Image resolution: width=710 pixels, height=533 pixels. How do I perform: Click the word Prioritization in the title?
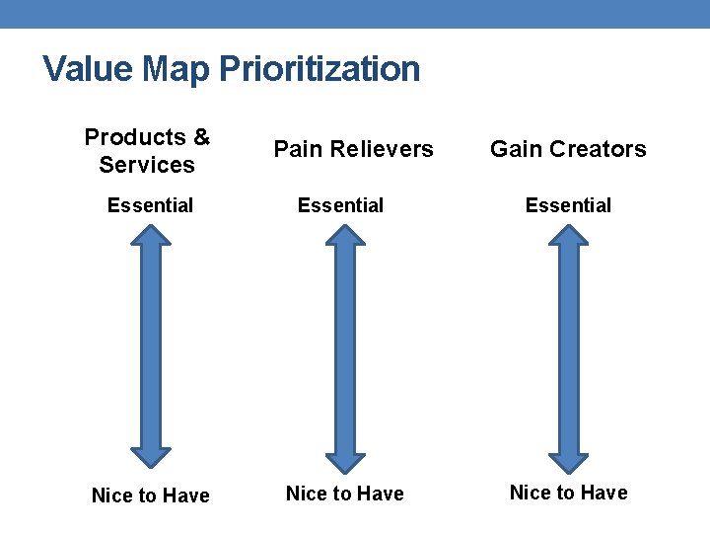[319, 70]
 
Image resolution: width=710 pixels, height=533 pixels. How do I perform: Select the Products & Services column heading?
[147, 151]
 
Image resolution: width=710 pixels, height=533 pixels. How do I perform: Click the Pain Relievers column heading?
[353, 149]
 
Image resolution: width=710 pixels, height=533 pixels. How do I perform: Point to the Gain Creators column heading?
[568, 149]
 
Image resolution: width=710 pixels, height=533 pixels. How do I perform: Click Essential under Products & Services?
[150, 205]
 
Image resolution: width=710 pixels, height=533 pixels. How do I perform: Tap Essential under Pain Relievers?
[341, 205]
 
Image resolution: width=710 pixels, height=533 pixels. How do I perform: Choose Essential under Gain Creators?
[568, 205]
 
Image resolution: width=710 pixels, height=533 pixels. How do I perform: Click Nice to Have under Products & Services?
[150, 495]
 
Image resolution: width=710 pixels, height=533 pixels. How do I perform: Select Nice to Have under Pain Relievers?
[344, 494]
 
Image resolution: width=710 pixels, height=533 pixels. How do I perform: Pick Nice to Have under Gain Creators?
[568, 493]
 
